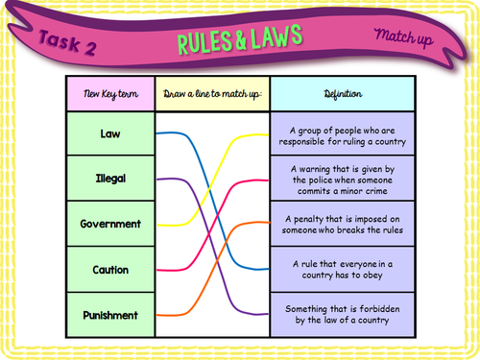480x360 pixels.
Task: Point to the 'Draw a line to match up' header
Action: click(212, 94)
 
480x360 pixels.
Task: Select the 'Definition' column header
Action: click(342, 94)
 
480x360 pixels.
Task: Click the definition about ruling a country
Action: click(342, 133)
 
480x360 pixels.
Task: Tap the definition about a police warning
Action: click(342, 179)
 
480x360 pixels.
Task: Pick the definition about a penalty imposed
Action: click(342, 224)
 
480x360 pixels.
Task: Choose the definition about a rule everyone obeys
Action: click(342, 270)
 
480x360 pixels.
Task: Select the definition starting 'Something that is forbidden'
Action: click(342, 315)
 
